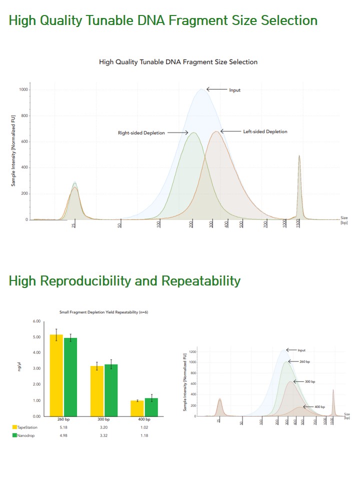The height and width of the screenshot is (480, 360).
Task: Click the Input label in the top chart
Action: point(234,90)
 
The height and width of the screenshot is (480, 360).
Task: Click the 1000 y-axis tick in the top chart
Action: point(23,90)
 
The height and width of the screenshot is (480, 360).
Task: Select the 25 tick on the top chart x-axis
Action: point(73,226)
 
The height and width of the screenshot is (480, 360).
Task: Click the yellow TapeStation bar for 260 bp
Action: point(56,375)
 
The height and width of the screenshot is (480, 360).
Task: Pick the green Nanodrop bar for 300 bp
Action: point(110,390)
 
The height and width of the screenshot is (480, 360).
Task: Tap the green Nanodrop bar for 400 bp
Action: point(151,407)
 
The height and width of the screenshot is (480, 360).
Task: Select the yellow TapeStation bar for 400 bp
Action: point(137,408)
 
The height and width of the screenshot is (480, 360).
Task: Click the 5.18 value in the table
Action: point(63,427)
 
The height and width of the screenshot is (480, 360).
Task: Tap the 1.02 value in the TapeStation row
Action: point(144,427)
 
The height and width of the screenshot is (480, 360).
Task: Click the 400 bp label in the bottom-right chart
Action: point(319,407)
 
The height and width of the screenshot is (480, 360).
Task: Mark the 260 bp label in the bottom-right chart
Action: point(304,361)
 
